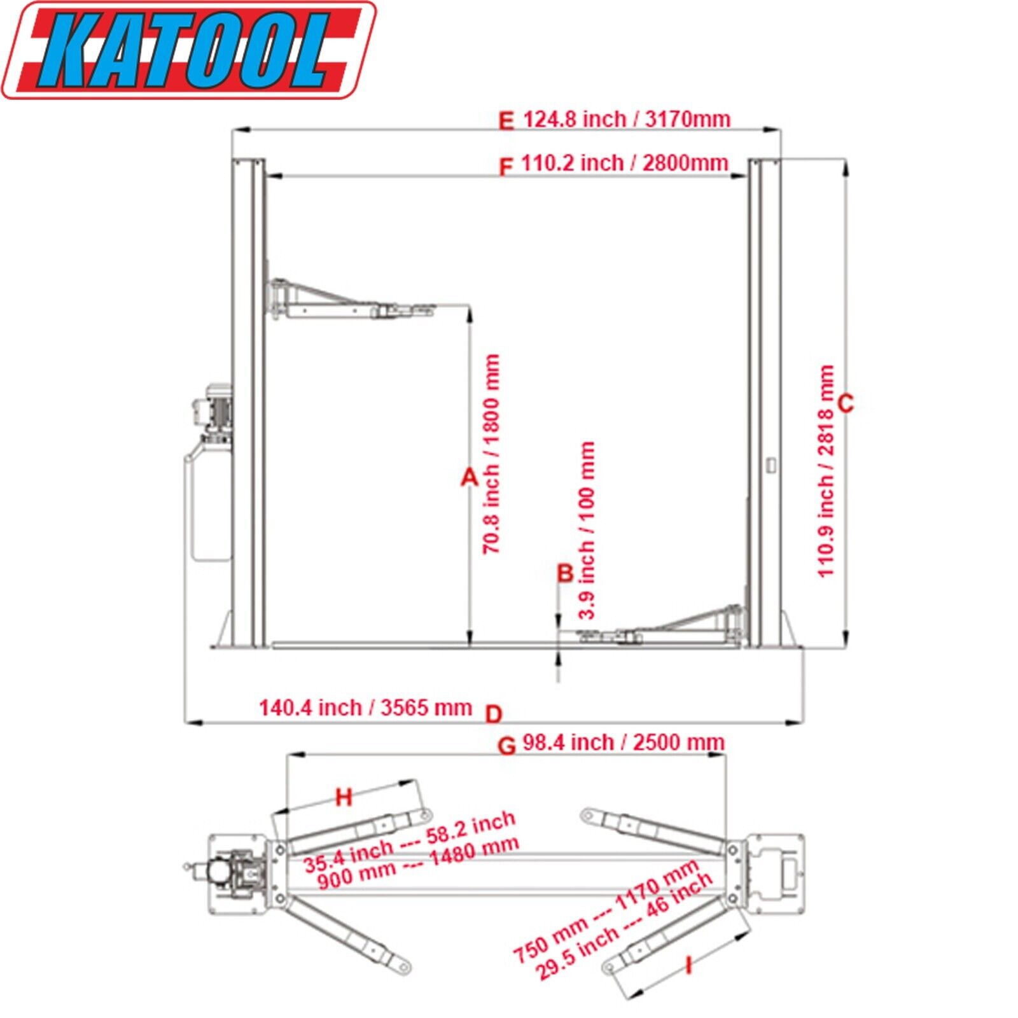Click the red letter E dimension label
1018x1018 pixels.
click(x=506, y=121)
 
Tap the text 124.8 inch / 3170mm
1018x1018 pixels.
click(x=626, y=119)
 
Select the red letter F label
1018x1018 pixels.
click(x=506, y=167)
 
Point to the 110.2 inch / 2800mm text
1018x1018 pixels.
click(x=624, y=163)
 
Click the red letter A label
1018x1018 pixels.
click(x=469, y=477)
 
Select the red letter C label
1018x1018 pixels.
click(x=846, y=403)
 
